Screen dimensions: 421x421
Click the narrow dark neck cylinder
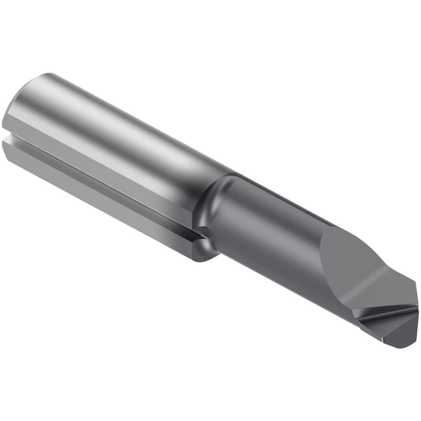(269, 236)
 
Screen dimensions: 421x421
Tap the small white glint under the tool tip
(382, 338)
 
